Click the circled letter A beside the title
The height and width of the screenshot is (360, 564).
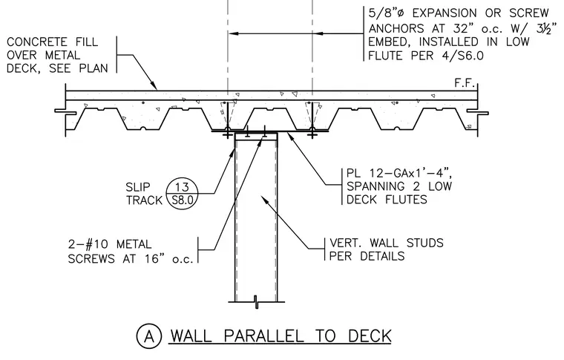(149, 336)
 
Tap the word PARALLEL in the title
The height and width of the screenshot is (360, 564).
(263, 336)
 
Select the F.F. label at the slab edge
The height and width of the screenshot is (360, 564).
(465, 83)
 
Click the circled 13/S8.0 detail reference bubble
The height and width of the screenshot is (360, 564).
(183, 194)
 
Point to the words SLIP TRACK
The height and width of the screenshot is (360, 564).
(144, 194)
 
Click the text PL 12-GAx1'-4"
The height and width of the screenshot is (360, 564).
(399, 173)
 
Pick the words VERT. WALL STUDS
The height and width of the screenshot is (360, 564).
(387, 243)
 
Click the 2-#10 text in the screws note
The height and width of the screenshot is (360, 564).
(88, 244)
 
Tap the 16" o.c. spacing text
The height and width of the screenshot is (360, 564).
(169, 258)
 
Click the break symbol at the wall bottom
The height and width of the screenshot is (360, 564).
(256, 302)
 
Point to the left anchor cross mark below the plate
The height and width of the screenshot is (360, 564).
(227, 134)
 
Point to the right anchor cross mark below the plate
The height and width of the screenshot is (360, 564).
(312, 134)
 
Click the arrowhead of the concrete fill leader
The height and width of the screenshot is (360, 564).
(154, 85)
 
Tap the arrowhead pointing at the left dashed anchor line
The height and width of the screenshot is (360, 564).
(234, 34)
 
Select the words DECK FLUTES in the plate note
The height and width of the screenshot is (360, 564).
(387, 199)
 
